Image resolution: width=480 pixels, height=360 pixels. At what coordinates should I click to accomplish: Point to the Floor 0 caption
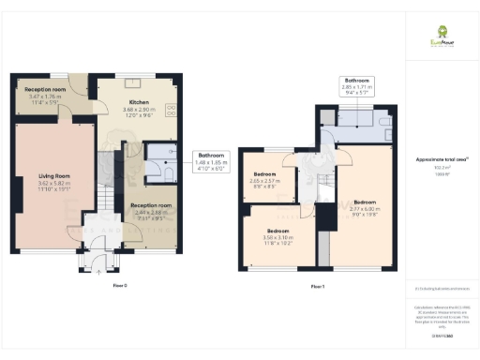tap(119, 284)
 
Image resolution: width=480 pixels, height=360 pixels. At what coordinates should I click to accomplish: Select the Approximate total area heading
tap(435, 159)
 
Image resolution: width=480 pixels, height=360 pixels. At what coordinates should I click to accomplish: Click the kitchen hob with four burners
tap(172, 109)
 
